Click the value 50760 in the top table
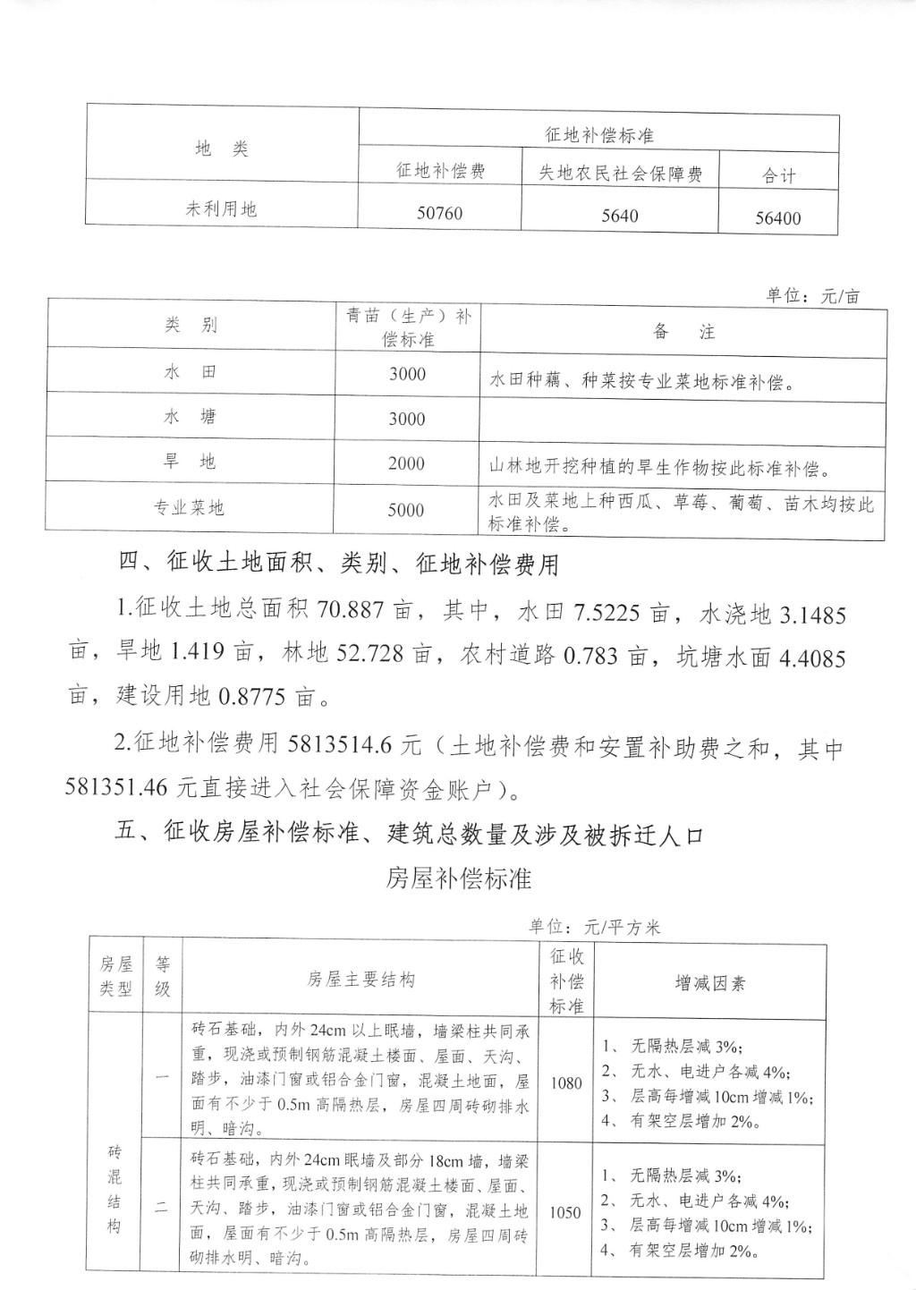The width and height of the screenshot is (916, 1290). [x=439, y=214]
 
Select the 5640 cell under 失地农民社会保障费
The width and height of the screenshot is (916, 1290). [x=620, y=216]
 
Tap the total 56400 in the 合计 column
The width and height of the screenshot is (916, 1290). [x=777, y=218]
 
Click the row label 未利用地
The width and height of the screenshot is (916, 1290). [x=221, y=209]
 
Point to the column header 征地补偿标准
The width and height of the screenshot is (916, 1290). [x=598, y=135]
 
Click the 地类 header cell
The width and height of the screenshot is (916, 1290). [x=221, y=149]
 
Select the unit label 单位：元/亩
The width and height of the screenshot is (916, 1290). [x=812, y=296]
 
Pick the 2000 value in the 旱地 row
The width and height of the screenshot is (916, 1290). [x=406, y=463]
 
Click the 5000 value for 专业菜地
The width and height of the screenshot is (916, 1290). [x=406, y=510]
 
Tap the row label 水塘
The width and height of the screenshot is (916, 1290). [x=190, y=417]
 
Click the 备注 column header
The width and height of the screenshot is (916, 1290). [x=683, y=332]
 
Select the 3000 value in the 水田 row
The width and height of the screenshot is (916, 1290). [x=407, y=374]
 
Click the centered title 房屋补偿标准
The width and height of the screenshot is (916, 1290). [x=458, y=879]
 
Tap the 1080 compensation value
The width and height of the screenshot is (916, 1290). [x=565, y=1083]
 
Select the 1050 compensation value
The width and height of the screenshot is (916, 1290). [x=565, y=1212]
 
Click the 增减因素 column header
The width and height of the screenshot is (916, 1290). [x=709, y=983]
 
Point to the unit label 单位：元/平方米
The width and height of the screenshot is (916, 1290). [x=594, y=927]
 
